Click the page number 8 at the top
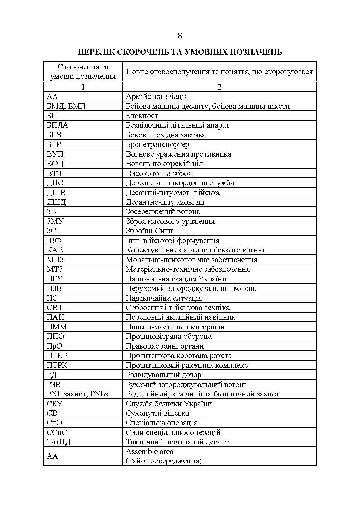pos(180,36)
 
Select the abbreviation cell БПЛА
pos(57,125)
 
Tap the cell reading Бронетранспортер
pos(157,145)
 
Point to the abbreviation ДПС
pos(55,183)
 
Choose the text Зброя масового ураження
pos(170,221)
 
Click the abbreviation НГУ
pos(55,279)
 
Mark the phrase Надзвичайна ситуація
pos(164,298)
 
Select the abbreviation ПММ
pos(57,327)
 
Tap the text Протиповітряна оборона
pos(169,336)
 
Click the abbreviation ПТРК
pos(57,365)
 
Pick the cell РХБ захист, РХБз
pos(78,394)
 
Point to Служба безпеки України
pos(169,404)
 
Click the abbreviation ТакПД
pos(59,442)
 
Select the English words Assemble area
pos(149,452)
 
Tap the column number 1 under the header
pos(83,87)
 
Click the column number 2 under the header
pos(219,87)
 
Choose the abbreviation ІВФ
pos(54,240)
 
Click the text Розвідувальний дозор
pos(163,375)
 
